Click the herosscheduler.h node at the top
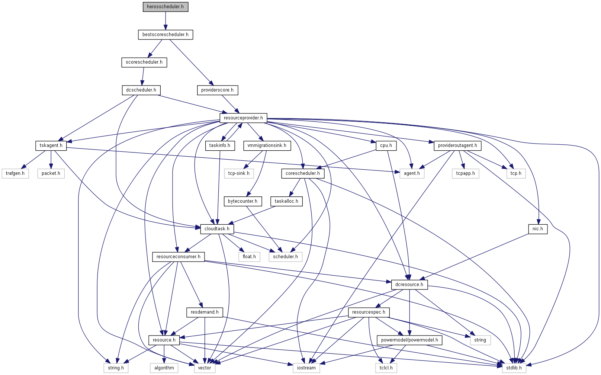click(x=165, y=7)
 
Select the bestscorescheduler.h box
click(x=165, y=35)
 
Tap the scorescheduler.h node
click(x=144, y=62)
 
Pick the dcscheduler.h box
click(x=141, y=90)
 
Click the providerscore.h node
click(x=217, y=90)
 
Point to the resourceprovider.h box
click(x=243, y=118)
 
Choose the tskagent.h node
click(x=51, y=145)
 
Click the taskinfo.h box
click(x=220, y=145)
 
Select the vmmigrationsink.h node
click(x=267, y=145)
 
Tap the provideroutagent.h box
click(x=457, y=145)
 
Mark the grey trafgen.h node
click(x=15, y=173)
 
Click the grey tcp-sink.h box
click(x=239, y=173)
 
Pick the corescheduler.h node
click(x=303, y=173)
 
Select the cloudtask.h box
click(x=217, y=229)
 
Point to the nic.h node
click(x=538, y=229)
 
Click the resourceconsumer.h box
click(x=179, y=257)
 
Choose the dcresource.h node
click(x=409, y=285)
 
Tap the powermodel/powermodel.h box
click(x=409, y=340)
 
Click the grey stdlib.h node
click(x=514, y=368)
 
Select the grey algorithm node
click(x=164, y=368)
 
